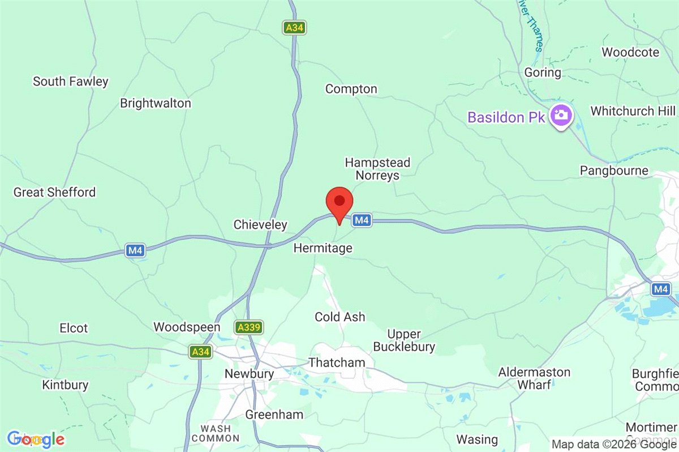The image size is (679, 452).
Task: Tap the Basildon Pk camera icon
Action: (561, 116)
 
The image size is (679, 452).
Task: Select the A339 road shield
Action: (249, 327)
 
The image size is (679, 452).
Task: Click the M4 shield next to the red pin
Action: (362, 220)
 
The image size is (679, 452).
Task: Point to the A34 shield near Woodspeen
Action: (200, 352)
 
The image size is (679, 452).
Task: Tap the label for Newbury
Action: (249, 374)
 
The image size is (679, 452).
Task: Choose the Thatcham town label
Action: (337, 363)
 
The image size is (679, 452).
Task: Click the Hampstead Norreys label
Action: (377, 169)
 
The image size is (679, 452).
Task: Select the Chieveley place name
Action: (260, 225)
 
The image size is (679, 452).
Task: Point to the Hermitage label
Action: (323, 248)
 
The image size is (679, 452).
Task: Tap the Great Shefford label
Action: (54, 192)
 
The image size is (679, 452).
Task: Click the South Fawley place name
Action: (70, 82)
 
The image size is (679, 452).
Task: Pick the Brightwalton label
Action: (156, 103)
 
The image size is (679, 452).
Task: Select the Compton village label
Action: (351, 89)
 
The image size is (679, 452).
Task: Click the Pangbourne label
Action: (614, 170)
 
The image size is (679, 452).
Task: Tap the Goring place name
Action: (543, 73)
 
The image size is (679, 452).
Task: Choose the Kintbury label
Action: (65, 385)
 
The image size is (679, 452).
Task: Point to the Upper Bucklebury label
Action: (411, 340)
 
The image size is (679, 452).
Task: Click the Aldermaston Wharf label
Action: (534, 378)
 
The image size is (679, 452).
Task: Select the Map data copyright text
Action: (614, 445)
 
